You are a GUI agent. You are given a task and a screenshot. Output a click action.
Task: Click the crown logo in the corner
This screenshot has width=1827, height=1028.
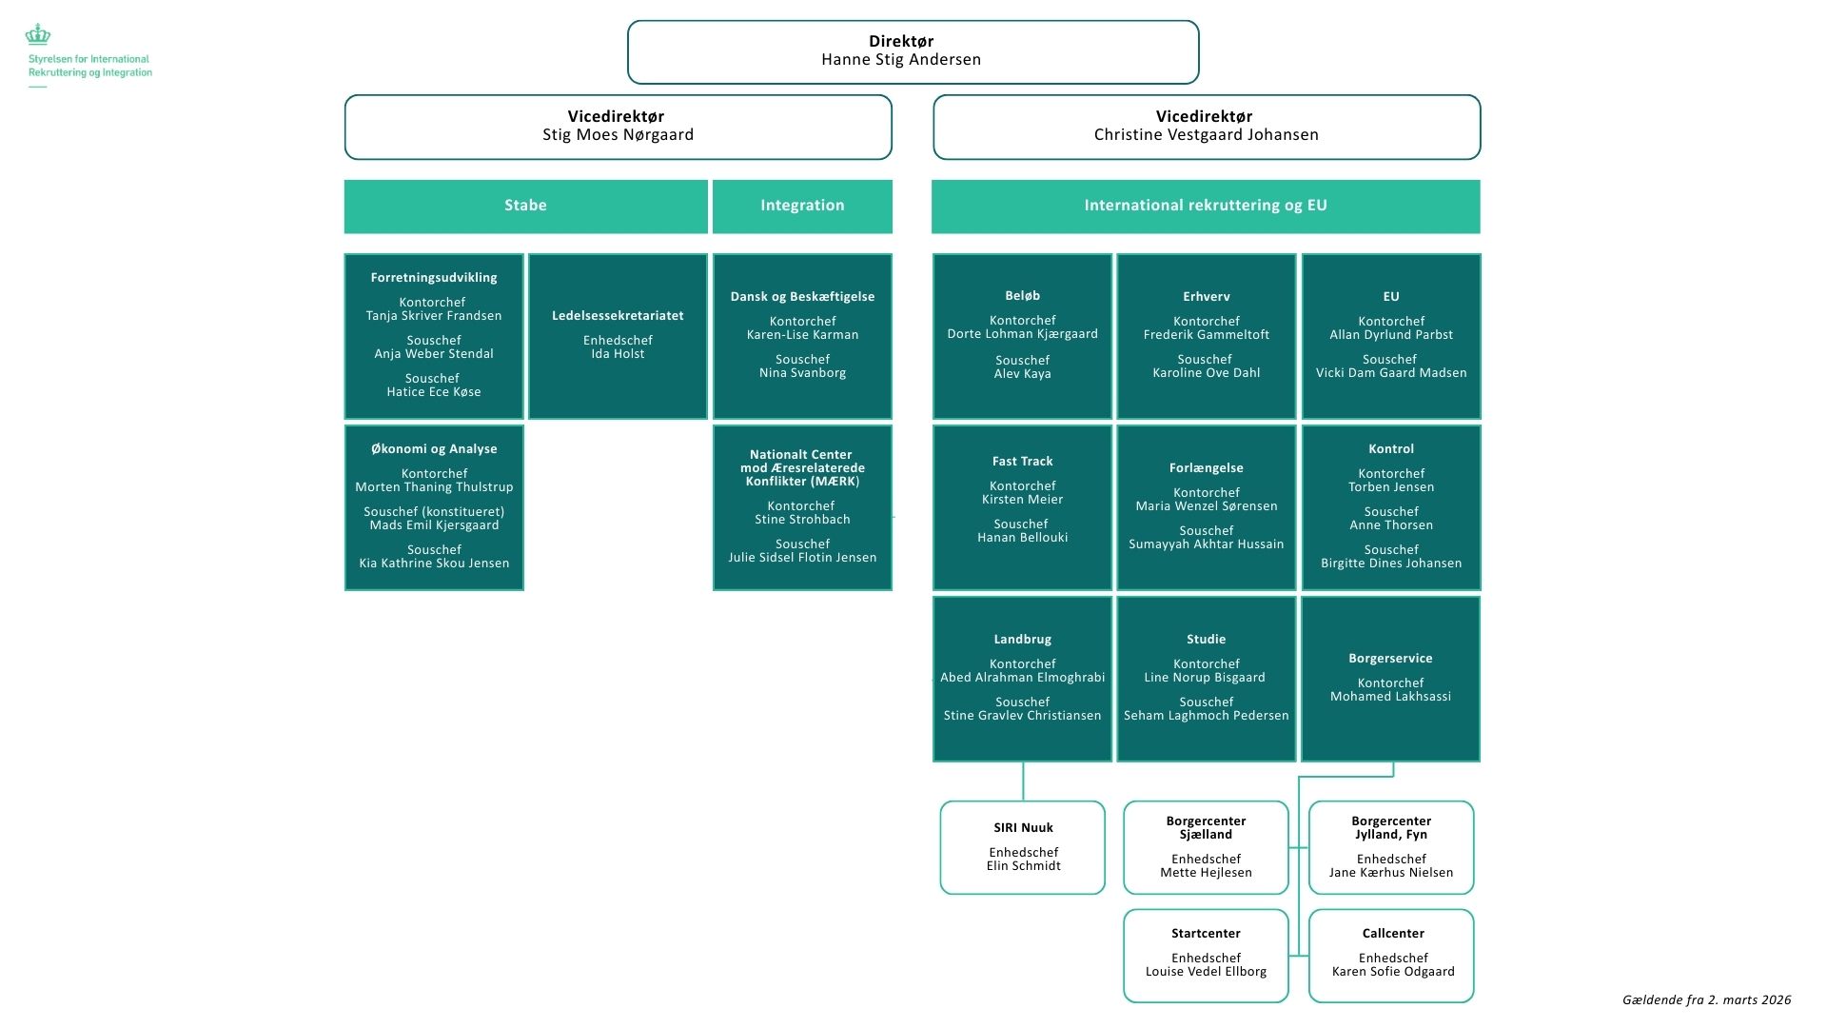pos(38,36)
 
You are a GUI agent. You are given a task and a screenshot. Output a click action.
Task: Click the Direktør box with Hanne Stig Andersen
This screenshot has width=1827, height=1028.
pos(913,51)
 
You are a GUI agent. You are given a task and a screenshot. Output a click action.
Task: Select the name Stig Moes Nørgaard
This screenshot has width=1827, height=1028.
pos(618,135)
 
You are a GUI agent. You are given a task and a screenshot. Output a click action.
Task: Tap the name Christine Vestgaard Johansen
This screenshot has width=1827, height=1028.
pos(1206,135)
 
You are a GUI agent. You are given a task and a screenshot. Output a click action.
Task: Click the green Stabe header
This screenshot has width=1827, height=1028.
pos(525,206)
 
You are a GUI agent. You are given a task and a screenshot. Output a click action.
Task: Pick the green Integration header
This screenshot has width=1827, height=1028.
pos(802,206)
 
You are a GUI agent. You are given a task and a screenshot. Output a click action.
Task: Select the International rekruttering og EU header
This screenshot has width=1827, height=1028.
pos(1206,206)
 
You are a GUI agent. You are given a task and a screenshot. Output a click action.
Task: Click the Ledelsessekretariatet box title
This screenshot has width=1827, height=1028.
pos(618,316)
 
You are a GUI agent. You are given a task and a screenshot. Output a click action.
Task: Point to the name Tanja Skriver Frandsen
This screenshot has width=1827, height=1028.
pos(434,316)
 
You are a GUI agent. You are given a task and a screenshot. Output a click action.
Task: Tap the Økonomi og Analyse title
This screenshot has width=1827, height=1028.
pos(434,449)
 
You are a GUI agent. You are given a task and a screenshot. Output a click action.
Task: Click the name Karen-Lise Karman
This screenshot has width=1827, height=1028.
pos(802,335)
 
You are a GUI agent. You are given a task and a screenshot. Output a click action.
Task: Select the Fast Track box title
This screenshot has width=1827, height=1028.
pos(1022,462)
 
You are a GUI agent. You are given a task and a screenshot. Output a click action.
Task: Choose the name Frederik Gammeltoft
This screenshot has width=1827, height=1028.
pos(1206,335)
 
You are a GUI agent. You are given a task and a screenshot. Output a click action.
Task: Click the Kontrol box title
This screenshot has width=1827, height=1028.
pos(1390,449)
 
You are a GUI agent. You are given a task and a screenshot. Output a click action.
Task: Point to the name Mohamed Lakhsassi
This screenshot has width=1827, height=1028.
pos(1390,697)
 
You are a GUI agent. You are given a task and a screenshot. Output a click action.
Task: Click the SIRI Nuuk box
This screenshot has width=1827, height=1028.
pos(1022,847)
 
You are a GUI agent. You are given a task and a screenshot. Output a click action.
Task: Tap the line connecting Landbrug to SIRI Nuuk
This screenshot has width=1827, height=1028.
pos(1023,781)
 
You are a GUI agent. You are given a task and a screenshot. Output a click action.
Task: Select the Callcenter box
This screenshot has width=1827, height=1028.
pos(1391,955)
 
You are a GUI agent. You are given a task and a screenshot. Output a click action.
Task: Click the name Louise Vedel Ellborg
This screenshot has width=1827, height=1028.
pos(1206,972)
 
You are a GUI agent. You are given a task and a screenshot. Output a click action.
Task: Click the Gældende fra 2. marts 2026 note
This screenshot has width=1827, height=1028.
pos(1706,999)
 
